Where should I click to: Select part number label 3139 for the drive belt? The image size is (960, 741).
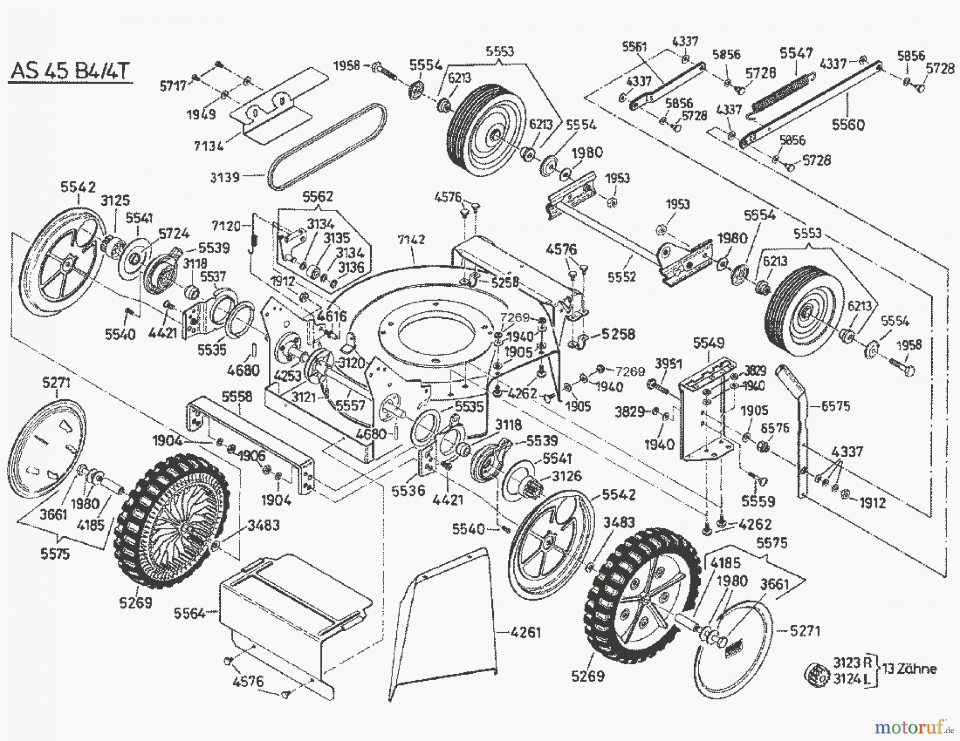pos(225,176)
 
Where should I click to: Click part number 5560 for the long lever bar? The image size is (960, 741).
pos(848,125)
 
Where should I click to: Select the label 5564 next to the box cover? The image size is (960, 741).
pos(189,613)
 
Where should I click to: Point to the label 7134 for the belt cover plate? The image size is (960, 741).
pos(209,145)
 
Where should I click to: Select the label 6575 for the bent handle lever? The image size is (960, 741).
pos(835,406)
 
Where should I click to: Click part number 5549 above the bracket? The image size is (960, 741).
pos(709,343)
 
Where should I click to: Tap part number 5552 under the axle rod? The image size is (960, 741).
pos(622,277)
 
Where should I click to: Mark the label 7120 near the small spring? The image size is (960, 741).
pos(226,226)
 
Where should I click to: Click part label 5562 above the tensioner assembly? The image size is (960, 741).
pos(317,197)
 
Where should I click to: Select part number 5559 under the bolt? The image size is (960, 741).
pos(758,501)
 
